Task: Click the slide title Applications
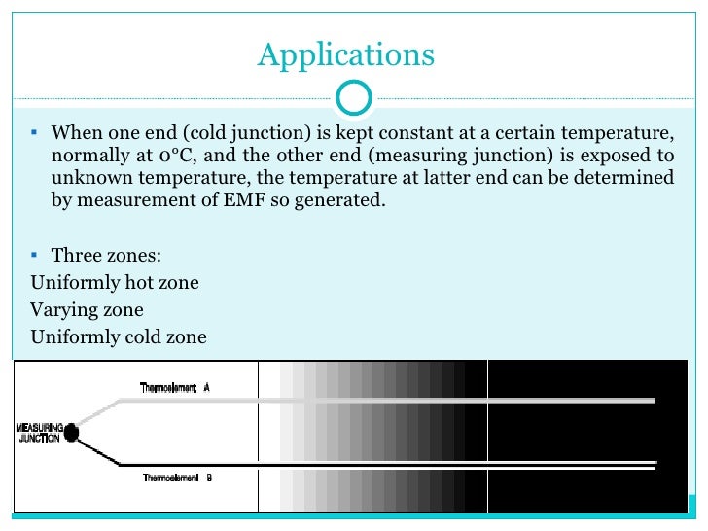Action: (x=345, y=54)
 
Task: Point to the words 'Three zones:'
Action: (x=107, y=256)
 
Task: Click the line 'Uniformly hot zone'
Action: (x=115, y=283)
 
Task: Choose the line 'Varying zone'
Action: (x=88, y=310)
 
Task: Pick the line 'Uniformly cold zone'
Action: (x=119, y=337)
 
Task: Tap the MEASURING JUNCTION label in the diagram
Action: (x=40, y=433)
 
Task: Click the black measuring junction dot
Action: (x=72, y=431)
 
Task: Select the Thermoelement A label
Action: (x=175, y=387)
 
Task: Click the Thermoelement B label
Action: (x=177, y=478)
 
